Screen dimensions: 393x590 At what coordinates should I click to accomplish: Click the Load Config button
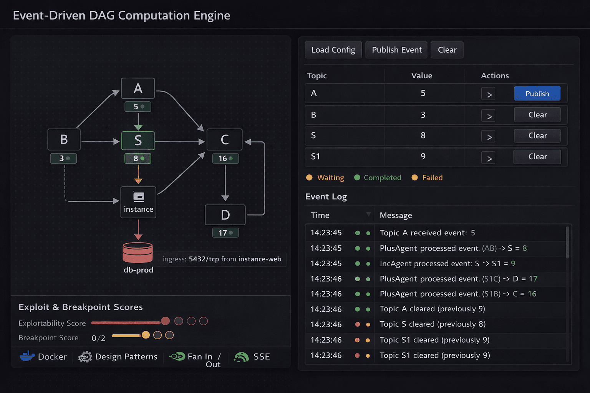333,50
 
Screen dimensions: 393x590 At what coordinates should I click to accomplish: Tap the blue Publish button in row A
537,94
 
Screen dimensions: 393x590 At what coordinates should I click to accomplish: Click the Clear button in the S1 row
537,157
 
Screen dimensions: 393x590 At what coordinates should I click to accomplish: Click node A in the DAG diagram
138,88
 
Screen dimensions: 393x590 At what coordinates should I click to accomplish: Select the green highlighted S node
138,140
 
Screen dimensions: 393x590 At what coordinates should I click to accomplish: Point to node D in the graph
225,215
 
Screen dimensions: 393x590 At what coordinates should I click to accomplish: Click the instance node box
138,202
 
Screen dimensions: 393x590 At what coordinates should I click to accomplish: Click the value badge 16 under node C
225,159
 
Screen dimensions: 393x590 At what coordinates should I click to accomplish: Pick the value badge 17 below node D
225,233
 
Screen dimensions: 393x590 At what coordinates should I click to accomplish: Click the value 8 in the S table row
423,135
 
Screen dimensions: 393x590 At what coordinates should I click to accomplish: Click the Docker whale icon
27,356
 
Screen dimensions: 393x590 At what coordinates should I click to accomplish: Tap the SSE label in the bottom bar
262,357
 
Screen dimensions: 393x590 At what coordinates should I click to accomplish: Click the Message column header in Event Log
396,215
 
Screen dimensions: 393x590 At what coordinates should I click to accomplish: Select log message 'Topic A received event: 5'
427,233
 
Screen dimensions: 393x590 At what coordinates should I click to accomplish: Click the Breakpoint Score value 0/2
98,338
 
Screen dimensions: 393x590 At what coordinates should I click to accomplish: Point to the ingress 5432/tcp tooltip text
222,259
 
